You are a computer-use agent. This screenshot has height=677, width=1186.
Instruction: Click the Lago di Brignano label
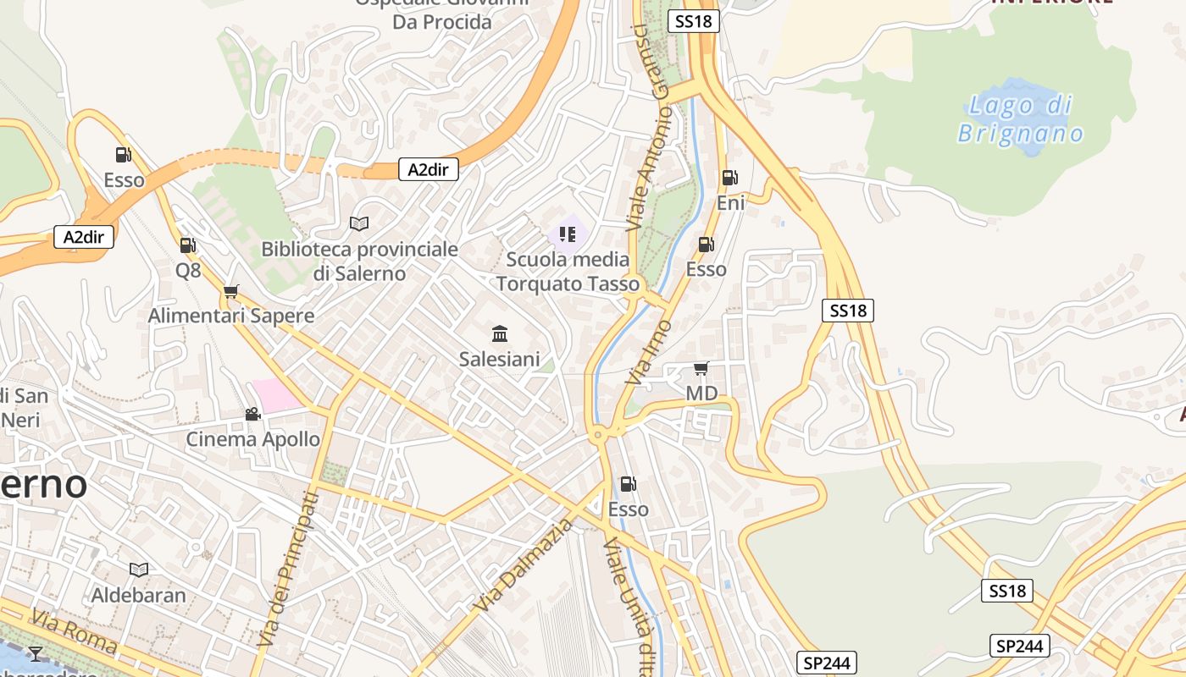click(x=1020, y=119)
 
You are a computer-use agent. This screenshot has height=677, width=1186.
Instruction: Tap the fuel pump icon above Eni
click(x=729, y=178)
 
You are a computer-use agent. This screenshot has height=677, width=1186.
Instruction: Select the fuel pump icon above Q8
click(x=188, y=245)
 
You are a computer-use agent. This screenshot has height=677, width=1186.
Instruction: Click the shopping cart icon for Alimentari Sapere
click(x=230, y=292)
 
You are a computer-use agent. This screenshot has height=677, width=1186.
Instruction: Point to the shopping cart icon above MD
click(x=701, y=368)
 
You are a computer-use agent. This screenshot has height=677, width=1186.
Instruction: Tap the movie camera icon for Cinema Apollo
click(x=252, y=414)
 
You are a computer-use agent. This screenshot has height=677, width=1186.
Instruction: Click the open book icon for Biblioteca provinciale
click(x=359, y=223)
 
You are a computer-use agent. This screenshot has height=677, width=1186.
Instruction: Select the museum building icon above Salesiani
click(x=500, y=333)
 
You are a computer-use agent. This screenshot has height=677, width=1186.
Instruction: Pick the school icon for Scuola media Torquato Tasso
click(x=568, y=234)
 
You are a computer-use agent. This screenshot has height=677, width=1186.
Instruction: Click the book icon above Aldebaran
click(x=138, y=570)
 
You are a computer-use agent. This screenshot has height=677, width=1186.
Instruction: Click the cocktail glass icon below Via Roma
click(x=35, y=652)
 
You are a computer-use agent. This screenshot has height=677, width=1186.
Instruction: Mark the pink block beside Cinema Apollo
click(x=276, y=395)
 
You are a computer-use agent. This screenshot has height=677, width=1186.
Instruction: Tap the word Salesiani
click(x=499, y=359)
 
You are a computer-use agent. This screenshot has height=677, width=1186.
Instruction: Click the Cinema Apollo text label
click(x=252, y=439)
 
